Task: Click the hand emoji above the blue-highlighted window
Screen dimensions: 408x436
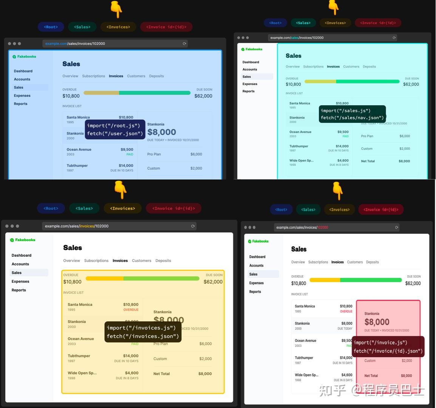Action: pos(116,9)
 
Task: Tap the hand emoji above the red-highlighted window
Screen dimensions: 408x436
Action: pos(337,190)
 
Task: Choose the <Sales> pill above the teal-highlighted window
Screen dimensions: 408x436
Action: pos(303,23)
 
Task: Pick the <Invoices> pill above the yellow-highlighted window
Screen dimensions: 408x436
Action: pos(122,209)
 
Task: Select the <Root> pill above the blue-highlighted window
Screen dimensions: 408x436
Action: pos(51,27)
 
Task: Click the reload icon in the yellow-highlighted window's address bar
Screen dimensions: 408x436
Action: pos(193,226)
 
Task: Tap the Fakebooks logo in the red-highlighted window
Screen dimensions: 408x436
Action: pos(258,241)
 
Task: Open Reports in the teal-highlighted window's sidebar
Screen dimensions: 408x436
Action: pos(248,91)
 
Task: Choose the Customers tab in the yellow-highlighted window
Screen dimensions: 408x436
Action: pos(141,261)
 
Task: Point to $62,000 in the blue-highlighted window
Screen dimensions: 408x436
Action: pos(203,96)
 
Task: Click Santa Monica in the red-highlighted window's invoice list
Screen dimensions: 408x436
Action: pos(305,306)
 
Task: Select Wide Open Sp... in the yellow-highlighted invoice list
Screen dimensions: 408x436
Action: pos(82,373)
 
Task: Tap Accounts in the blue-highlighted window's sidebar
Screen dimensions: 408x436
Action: pos(22,79)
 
